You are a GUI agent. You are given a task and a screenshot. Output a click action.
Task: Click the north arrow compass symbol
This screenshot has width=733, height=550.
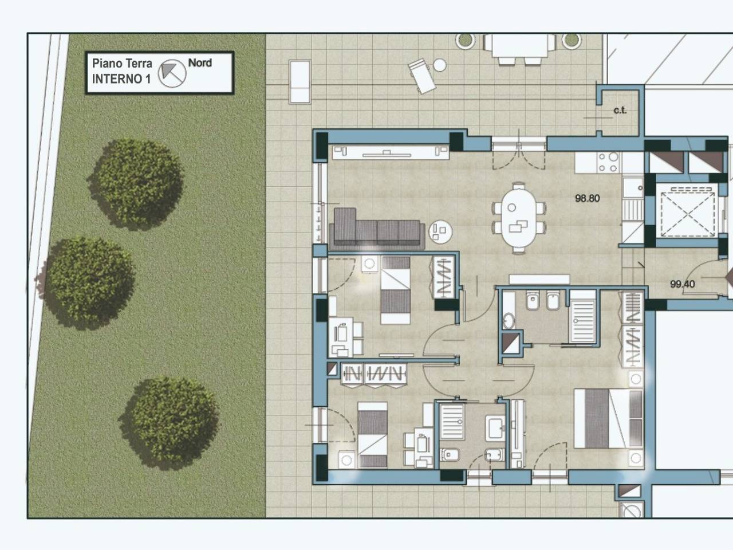click(x=172, y=73)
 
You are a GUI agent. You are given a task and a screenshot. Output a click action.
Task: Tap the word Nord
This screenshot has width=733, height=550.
click(x=200, y=63)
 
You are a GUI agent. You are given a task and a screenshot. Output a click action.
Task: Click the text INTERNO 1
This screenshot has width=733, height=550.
click(x=121, y=79)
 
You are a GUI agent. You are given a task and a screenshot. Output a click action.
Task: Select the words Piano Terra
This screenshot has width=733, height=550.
click(x=122, y=63)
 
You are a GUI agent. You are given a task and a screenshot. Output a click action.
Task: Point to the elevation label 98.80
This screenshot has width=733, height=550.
click(x=588, y=198)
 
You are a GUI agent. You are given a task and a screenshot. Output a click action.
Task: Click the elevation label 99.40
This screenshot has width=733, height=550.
click(x=683, y=284)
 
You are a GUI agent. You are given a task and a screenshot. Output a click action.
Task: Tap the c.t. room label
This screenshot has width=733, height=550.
click(x=620, y=110)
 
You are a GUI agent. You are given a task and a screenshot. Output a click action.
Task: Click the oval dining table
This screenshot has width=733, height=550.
click(x=519, y=218)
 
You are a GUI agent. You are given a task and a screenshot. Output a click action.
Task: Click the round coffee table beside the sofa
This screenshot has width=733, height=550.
click(x=440, y=231)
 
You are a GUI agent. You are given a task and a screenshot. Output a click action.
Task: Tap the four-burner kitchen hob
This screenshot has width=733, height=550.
click(x=608, y=162)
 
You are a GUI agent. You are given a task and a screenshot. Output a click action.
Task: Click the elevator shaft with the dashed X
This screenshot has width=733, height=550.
click(x=687, y=210)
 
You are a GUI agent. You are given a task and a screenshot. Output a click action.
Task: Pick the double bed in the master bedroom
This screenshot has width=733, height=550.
click(x=608, y=418)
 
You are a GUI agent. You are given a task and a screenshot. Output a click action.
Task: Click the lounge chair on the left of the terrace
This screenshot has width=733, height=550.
click(x=300, y=81)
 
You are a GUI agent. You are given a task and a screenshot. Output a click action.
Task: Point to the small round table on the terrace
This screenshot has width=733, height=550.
click(x=439, y=65)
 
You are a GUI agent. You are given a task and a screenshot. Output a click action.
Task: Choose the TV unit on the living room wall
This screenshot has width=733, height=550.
click(x=391, y=152)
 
